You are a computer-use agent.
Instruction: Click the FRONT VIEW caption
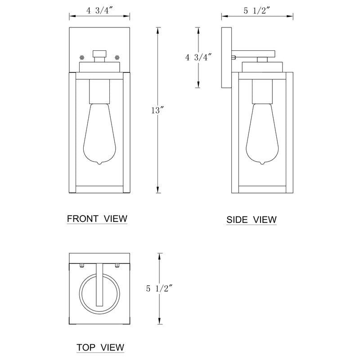[x=97, y=219]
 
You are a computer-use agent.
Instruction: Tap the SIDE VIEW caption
[x=252, y=220]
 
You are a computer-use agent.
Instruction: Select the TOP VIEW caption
[x=100, y=347]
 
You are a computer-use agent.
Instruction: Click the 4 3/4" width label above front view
[x=100, y=10]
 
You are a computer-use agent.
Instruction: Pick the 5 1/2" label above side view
[x=256, y=10]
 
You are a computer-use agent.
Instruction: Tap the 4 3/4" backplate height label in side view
[x=198, y=57]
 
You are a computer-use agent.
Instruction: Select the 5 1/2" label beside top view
[x=159, y=288]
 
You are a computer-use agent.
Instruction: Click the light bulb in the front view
[x=99, y=134]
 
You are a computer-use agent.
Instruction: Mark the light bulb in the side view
[x=262, y=134]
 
